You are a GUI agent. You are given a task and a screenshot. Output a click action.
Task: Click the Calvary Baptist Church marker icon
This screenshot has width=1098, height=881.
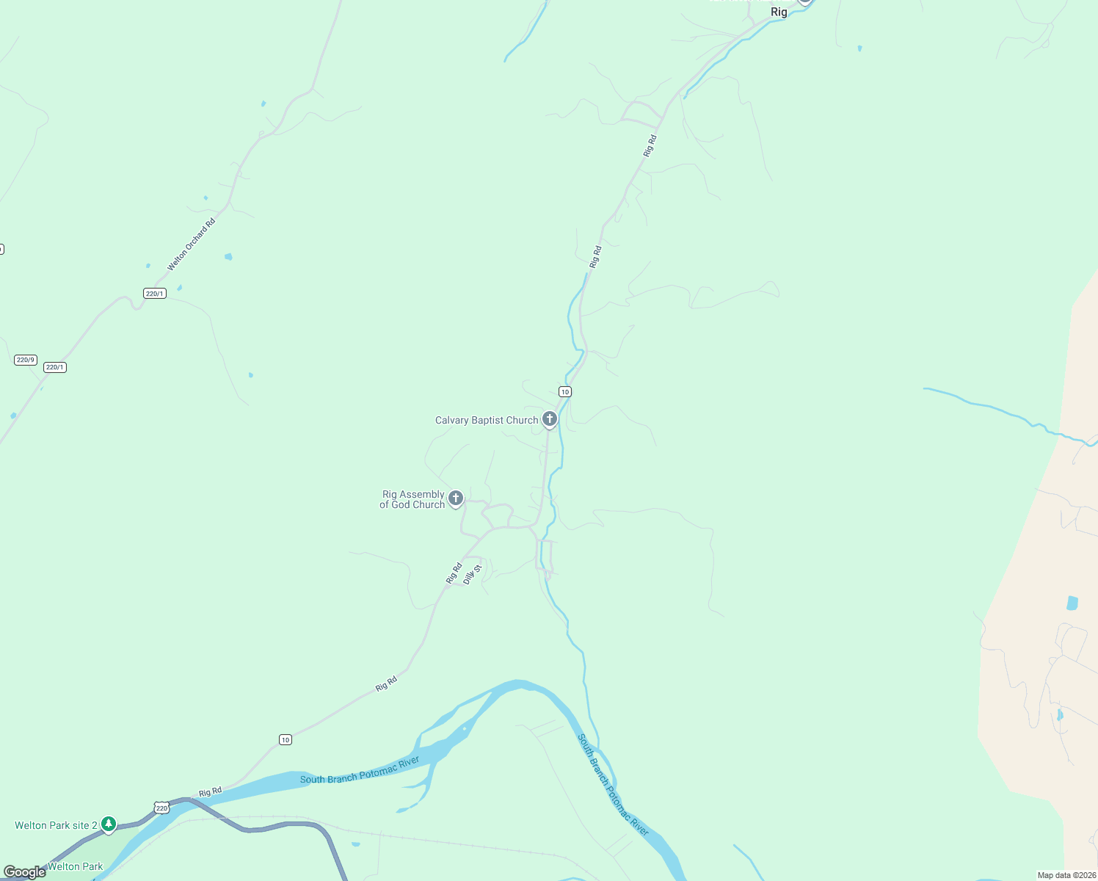coord(549,419)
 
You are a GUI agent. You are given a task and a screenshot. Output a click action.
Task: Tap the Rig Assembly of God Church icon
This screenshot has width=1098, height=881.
coord(456,498)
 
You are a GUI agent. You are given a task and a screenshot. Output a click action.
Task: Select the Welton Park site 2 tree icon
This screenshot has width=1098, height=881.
coord(109,824)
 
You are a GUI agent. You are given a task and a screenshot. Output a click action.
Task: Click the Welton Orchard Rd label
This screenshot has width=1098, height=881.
coord(191,244)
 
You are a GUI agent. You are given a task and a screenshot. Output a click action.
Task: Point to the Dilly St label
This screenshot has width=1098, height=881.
coord(473,574)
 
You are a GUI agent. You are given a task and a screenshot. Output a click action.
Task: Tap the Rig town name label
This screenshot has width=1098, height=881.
coord(779,12)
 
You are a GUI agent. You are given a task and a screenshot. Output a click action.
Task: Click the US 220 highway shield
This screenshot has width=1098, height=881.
coord(161,808)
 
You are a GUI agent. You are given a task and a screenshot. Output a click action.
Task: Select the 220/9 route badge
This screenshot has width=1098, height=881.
coord(26,360)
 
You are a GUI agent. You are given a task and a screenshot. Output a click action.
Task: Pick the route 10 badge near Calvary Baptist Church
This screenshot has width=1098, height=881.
coord(564,391)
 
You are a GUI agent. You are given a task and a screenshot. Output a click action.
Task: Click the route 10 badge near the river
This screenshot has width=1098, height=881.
coord(286,739)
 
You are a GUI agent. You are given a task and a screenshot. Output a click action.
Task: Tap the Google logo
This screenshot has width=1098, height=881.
coord(25,872)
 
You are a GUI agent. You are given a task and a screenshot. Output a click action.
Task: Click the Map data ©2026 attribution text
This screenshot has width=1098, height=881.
coord(1066,875)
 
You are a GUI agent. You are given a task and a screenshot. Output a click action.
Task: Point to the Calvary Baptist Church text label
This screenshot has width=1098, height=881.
coord(487,420)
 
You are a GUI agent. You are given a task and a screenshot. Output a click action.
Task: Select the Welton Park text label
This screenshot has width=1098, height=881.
coord(75,866)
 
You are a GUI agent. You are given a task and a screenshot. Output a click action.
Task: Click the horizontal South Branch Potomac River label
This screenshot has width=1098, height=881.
coord(360,770)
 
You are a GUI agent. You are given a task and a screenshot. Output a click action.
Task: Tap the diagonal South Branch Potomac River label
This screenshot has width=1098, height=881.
coord(613,784)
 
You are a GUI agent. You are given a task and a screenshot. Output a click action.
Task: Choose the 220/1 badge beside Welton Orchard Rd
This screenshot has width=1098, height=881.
coord(155,294)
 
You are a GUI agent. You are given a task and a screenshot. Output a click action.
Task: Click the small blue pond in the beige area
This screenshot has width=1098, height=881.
coord(1072,603)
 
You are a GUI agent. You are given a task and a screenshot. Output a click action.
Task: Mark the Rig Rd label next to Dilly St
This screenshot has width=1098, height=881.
coord(454,573)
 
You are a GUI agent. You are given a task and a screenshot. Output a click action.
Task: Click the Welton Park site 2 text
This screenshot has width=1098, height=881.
coord(56,825)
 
